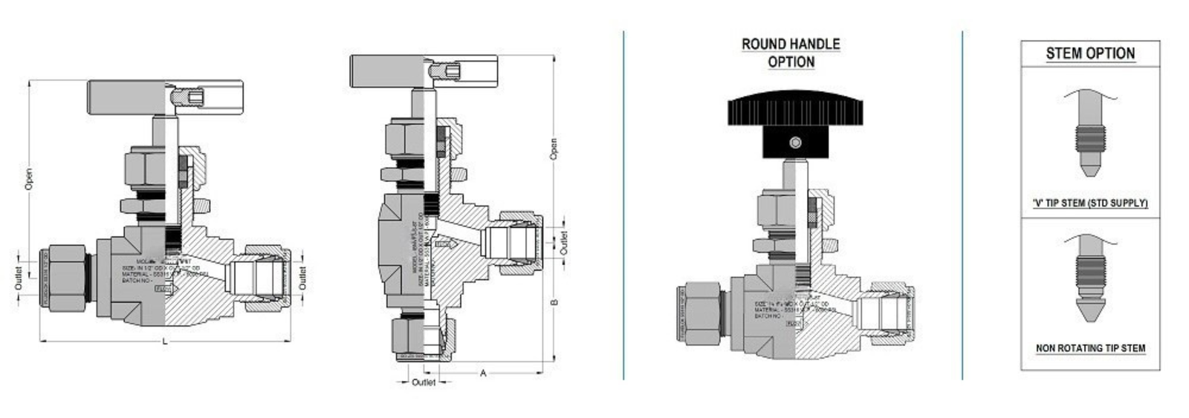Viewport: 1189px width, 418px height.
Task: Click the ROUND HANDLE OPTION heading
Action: [791, 53]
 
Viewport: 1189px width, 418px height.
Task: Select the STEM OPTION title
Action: [1090, 53]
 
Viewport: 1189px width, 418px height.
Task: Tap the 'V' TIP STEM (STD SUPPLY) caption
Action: [1090, 203]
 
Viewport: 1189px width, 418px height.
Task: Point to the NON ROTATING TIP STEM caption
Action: [1090, 347]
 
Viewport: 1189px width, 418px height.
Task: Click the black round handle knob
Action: [794, 111]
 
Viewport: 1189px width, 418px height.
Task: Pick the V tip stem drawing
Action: [1090, 137]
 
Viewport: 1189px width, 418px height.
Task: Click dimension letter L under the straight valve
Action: [165, 341]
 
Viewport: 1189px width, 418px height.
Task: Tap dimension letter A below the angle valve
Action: [483, 373]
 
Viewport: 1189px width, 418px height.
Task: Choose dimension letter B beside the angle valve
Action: [554, 302]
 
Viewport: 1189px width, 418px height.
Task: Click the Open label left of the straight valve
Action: [29, 180]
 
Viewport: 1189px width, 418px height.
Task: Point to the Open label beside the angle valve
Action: [553, 148]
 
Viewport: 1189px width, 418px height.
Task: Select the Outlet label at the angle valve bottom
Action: [424, 382]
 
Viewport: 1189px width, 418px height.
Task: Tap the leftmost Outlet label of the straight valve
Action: [19, 278]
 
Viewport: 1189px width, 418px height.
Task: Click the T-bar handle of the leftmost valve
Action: [141, 98]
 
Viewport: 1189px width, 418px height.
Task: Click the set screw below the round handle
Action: [795, 143]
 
